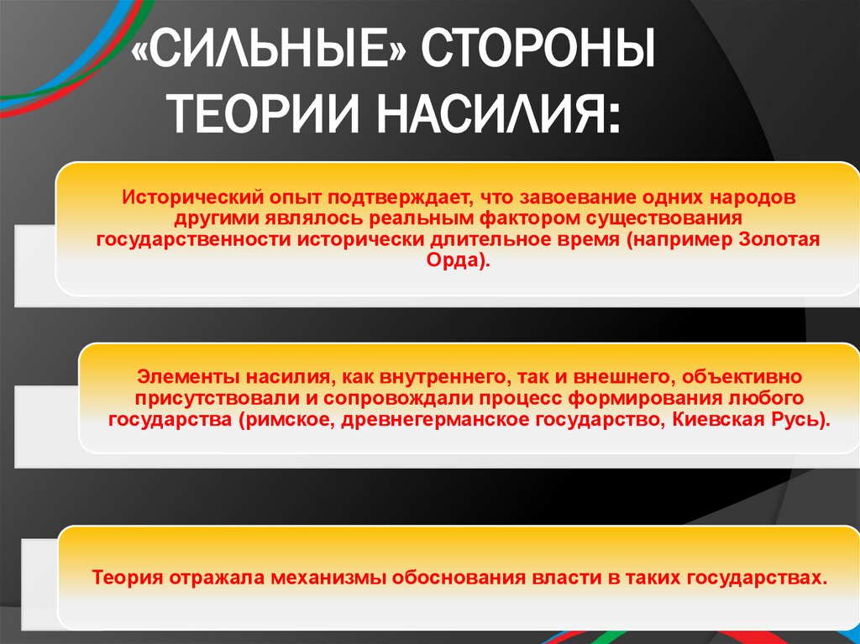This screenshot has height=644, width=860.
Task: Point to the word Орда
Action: click(x=454, y=261)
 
